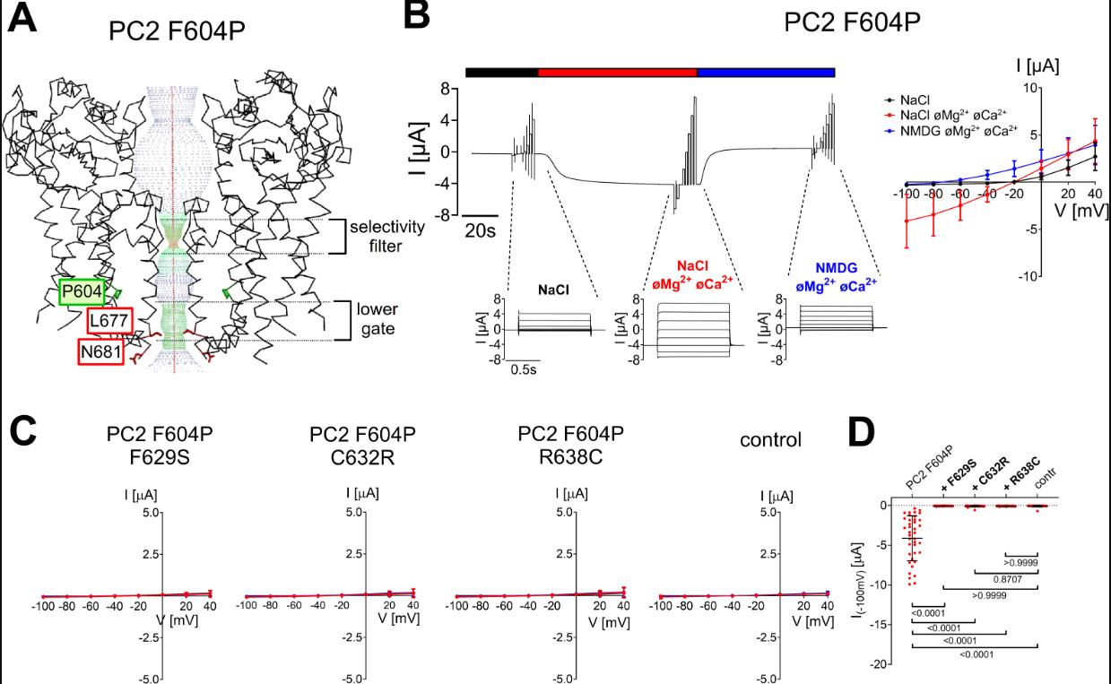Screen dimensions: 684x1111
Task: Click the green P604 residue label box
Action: coord(81,293)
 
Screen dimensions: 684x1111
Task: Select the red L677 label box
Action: coord(110,321)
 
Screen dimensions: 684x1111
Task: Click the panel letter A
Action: coord(24,20)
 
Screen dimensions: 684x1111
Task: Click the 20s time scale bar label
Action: coord(481,231)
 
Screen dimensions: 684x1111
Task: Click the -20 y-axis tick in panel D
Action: coord(885,663)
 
